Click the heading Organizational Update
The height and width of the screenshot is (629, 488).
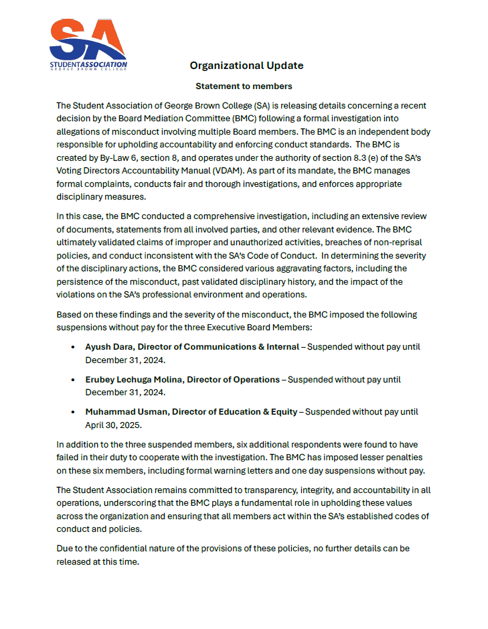[246, 66]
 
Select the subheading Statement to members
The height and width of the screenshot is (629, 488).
[244, 86]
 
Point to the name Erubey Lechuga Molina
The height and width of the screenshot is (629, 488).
[135, 379]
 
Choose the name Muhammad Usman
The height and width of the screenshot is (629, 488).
[127, 411]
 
